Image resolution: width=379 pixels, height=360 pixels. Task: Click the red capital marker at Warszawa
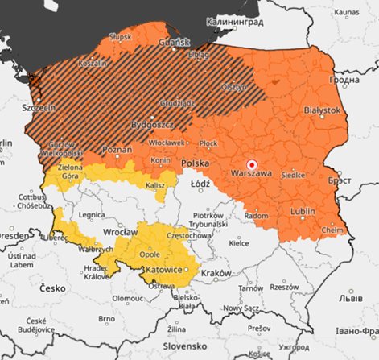point(250,162)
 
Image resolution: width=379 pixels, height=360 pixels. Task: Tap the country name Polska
point(195,163)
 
